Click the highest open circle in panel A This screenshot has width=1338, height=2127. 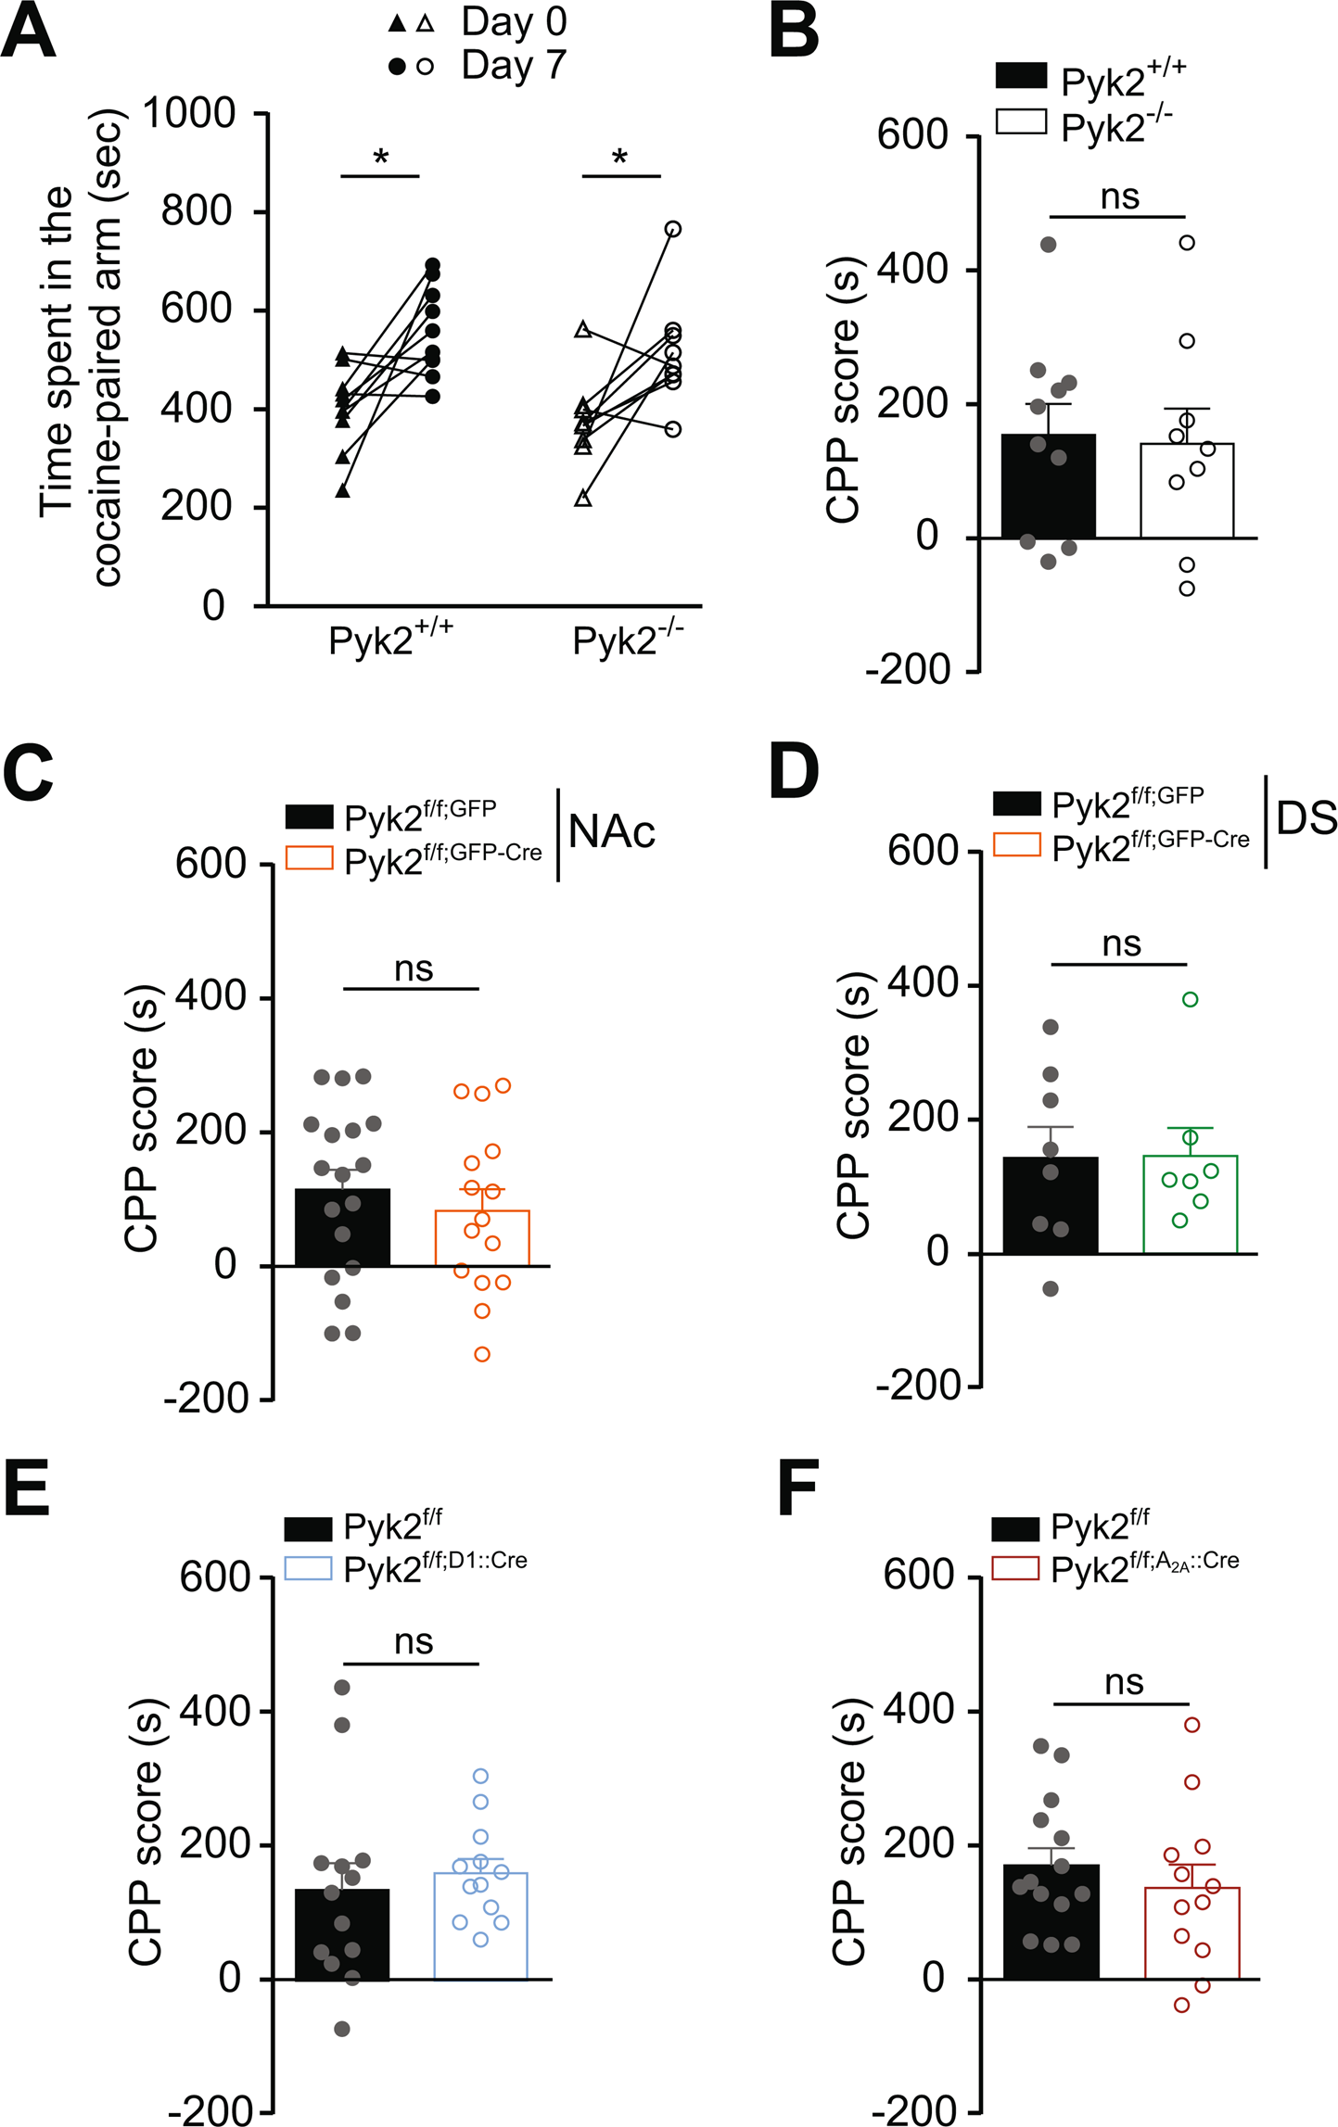click(673, 229)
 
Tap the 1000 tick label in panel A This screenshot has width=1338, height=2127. click(189, 114)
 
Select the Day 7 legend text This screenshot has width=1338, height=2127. click(513, 66)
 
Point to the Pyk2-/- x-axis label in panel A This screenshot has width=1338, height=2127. click(627, 639)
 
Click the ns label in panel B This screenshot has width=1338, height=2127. click(1119, 197)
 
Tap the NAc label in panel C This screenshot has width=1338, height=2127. click(612, 831)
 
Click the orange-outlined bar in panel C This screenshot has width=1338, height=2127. click(482, 1242)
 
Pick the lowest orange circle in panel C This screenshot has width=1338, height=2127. click(482, 1354)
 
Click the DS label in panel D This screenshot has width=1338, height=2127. click(1306, 817)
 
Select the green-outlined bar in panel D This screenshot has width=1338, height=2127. click(1191, 1214)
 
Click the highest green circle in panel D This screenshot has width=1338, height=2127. click(1191, 999)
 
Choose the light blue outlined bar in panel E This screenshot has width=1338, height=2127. click(481, 1932)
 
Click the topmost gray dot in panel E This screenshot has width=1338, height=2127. click(342, 1687)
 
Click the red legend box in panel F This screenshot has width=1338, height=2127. click(1015, 1568)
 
